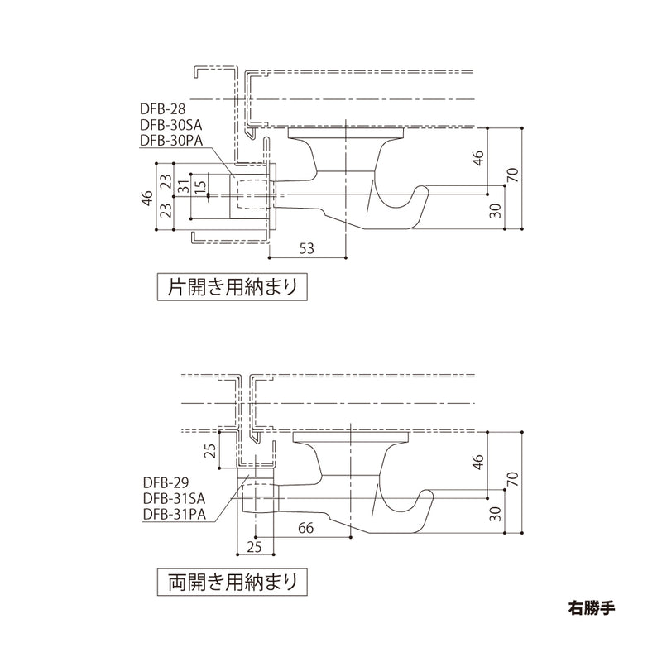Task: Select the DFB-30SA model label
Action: pyautogui.click(x=171, y=124)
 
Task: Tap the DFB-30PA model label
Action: pyautogui.click(x=171, y=140)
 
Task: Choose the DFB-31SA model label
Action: pyautogui.click(x=172, y=499)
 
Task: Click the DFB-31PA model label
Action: pyautogui.click(x=172, y=515)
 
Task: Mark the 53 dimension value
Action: pyautogui.click(x=306, y=247)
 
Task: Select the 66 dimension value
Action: pyautogui.click(x=305, y=528)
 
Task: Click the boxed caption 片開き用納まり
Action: pyautogui.click(x=232, y=287)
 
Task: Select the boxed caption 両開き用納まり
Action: pyautogui.click(x=232, y=582)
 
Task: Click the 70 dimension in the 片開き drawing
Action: pyautogui.click(x=513, y=176)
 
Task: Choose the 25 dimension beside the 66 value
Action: pyautogui.click(x=254, y=547)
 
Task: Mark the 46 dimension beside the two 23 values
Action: pyautogui.click(x=147, y=199)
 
